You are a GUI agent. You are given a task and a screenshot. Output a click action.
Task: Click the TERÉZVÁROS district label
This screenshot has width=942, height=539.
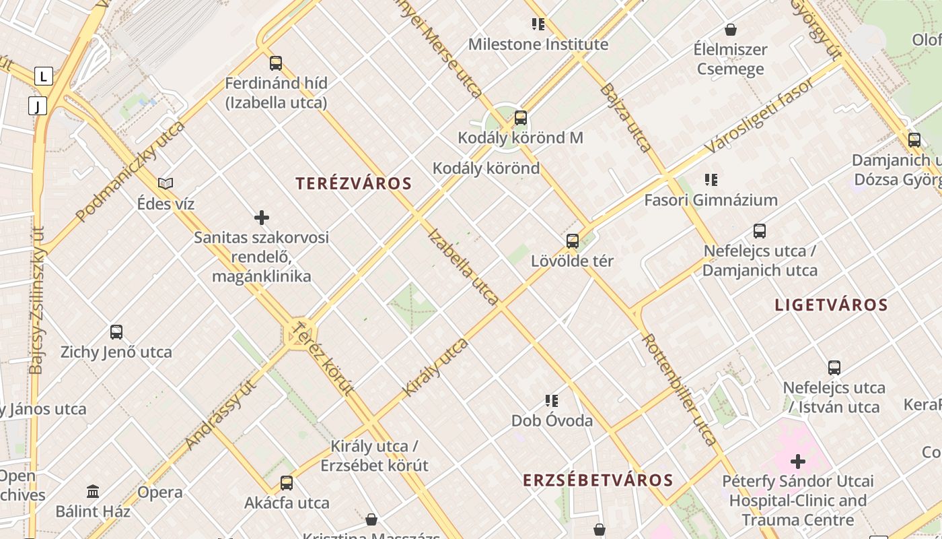coord(353,183)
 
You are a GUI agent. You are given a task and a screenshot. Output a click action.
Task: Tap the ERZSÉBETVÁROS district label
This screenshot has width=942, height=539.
coord(598,480)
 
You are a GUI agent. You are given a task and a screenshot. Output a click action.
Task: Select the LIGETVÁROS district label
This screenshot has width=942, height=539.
coord(831,305)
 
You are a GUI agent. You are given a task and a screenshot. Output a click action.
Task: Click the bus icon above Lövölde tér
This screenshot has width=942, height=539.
coord(573,241)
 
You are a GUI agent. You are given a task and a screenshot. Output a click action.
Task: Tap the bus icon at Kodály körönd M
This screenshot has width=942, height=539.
coord(520,118)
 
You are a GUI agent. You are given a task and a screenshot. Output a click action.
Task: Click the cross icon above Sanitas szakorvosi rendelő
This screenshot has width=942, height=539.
coord(262,217)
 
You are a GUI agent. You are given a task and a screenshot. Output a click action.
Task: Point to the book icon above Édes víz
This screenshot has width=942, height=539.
coord(166,183)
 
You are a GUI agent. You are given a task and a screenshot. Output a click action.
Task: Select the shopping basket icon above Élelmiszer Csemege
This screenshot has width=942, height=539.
coord(731,30)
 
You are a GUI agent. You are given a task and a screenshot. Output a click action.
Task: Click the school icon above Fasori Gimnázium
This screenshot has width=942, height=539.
coord(711,179)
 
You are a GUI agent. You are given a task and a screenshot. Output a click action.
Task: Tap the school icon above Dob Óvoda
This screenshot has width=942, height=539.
coord(552,401)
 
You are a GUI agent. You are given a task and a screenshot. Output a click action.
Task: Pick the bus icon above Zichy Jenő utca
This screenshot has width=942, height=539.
coord(116,331)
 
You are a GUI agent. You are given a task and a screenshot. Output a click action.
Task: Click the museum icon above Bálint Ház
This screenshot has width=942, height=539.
coord(93,491)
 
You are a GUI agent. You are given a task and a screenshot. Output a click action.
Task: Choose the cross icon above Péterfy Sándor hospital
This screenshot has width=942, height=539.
coord(798,462)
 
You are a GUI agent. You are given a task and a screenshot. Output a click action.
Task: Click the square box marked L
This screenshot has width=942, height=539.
coord(44,76)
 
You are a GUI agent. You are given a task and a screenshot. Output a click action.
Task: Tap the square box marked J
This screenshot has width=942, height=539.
coord(37,106)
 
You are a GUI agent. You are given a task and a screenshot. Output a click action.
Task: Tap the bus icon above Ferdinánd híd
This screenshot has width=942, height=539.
coord(276,63)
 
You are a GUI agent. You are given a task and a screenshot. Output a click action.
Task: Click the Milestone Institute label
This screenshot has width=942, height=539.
coord(538,44)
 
